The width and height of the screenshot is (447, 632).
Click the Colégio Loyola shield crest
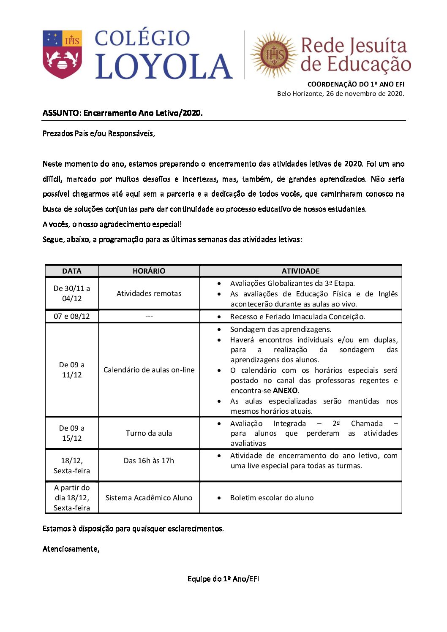pyautogui.click(x=63, y=54)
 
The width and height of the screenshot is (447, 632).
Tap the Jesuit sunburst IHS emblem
pyautogui.click(x=274, y=55)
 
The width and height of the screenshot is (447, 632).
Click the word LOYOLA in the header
pyautogui.click(x=164, y=67)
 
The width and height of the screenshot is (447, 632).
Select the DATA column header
pyautogui.click(x=71, y=271)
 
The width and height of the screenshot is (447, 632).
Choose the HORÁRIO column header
pyautogui.click(x=149, y=271)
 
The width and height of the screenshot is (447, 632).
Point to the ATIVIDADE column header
pyautogui.click(x=300, y=271)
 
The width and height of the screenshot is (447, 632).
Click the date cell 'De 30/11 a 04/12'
pyautogui.click(x=71, y=293)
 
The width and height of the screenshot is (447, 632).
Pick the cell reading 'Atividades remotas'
pyautogui.click(x=149, y=293)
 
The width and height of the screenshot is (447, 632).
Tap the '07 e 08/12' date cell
pyautogui.click(x=71, y=316)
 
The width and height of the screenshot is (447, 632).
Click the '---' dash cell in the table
pyautogui.click(x=149, y=317)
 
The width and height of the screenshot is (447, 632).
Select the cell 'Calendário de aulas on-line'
pyautogui.click(x=149, y=370)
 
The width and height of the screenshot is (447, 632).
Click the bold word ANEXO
pyautogui.click(x=286, y=391)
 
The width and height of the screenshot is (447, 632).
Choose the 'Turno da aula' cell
pyautogui.click(x=149, y=433)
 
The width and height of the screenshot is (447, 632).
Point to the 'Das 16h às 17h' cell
pyautogui.click(x=149, y=461)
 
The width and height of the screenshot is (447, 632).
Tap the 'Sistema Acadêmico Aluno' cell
pyautogui.click(x=149, y=498)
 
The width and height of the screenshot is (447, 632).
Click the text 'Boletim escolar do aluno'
pyautogui.click(x=272, y=498)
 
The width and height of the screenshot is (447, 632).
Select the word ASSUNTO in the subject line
pyautogui.click(x=61, y=113)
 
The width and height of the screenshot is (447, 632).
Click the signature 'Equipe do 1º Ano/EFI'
pyautogui.click(x=223, y=579)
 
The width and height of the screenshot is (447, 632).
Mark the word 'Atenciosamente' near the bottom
pyautogui.click(x=71, y=549)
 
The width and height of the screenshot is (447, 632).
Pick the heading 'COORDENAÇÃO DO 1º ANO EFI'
pyautogui.click(x=356, y=84)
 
